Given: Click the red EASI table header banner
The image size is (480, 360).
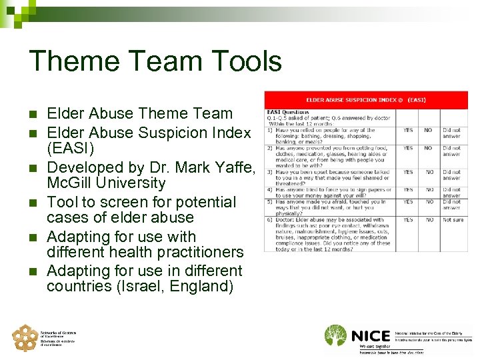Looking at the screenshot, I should point(366,100).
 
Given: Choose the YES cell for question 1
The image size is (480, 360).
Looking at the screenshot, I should point(408,130).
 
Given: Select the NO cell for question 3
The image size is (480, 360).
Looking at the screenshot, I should point(429,172).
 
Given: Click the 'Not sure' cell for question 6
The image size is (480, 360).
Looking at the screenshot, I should point(453,219).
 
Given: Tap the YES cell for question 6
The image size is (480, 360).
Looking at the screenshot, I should point(408,219).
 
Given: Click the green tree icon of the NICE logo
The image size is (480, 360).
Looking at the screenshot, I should point(336,337).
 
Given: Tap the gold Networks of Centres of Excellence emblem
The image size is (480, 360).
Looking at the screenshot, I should point(25,337).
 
